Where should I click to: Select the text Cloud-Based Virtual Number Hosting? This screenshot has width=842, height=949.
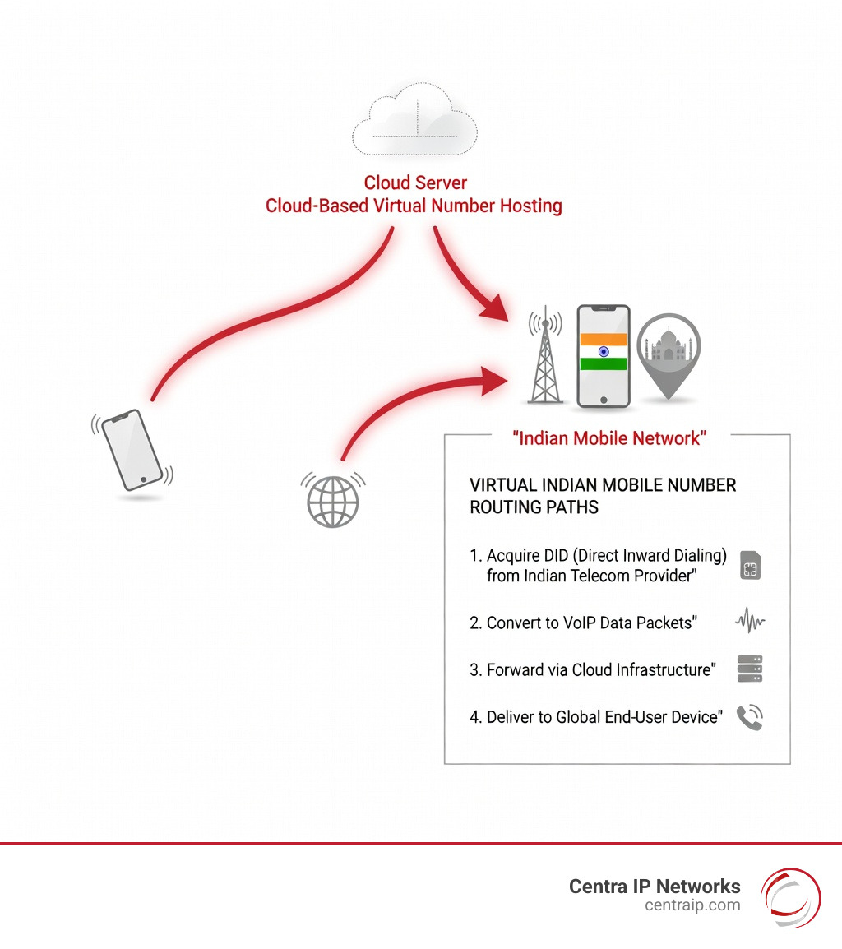(x=414, y=205)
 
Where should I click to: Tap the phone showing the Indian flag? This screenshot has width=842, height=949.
(x=604, y=356)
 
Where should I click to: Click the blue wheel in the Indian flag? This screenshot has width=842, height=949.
(x=604, y=351)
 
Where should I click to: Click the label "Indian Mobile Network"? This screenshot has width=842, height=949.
(x=609, y=438)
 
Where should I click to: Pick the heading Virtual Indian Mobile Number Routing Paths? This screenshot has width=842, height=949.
(x=603, y=496)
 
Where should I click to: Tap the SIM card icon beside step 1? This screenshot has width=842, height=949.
(x=750, y=567)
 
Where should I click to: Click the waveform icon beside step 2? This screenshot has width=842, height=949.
(x=750, y=623)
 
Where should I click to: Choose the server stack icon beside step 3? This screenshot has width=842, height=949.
(x=750, y=669)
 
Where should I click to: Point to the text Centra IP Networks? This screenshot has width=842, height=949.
(x=655, y=887)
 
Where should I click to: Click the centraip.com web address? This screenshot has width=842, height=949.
(x=692, y=905)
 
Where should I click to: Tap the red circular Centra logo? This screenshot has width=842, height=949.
(x=790, y=897)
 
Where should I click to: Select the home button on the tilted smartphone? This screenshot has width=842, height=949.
(x=146, y=479)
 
